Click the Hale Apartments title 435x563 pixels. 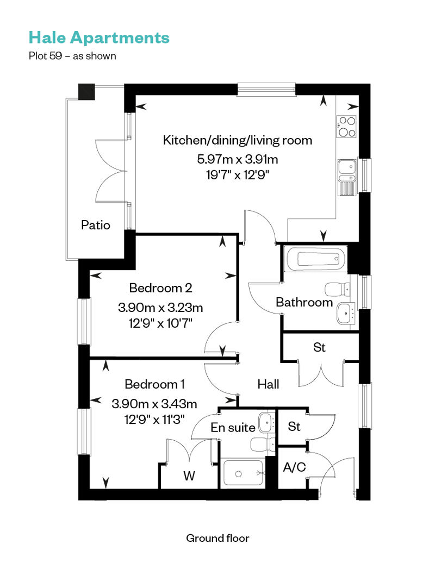click(99, 37)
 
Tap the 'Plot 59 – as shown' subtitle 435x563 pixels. click(72, 56)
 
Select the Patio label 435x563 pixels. click(96, 225)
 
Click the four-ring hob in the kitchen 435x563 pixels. click(346, 127)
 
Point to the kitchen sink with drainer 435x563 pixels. click(347, 178)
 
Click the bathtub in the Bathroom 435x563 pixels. click(315, 259)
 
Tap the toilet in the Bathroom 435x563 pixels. click(338, 289)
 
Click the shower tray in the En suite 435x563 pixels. click(244, 473)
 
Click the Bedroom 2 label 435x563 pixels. click(160, 288)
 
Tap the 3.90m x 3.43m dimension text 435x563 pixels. click(154, 404)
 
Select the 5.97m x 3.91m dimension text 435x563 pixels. click(238, 159)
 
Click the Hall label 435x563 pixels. click(268, 385)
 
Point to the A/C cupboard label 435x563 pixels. click(295, 467)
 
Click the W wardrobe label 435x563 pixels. click(189, 476)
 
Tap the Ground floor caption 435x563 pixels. click(217, 538)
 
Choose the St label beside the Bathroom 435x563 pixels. click(319, 348)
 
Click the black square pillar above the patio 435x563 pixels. click(86, 92)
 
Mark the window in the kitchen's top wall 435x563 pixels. click(266, 90)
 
